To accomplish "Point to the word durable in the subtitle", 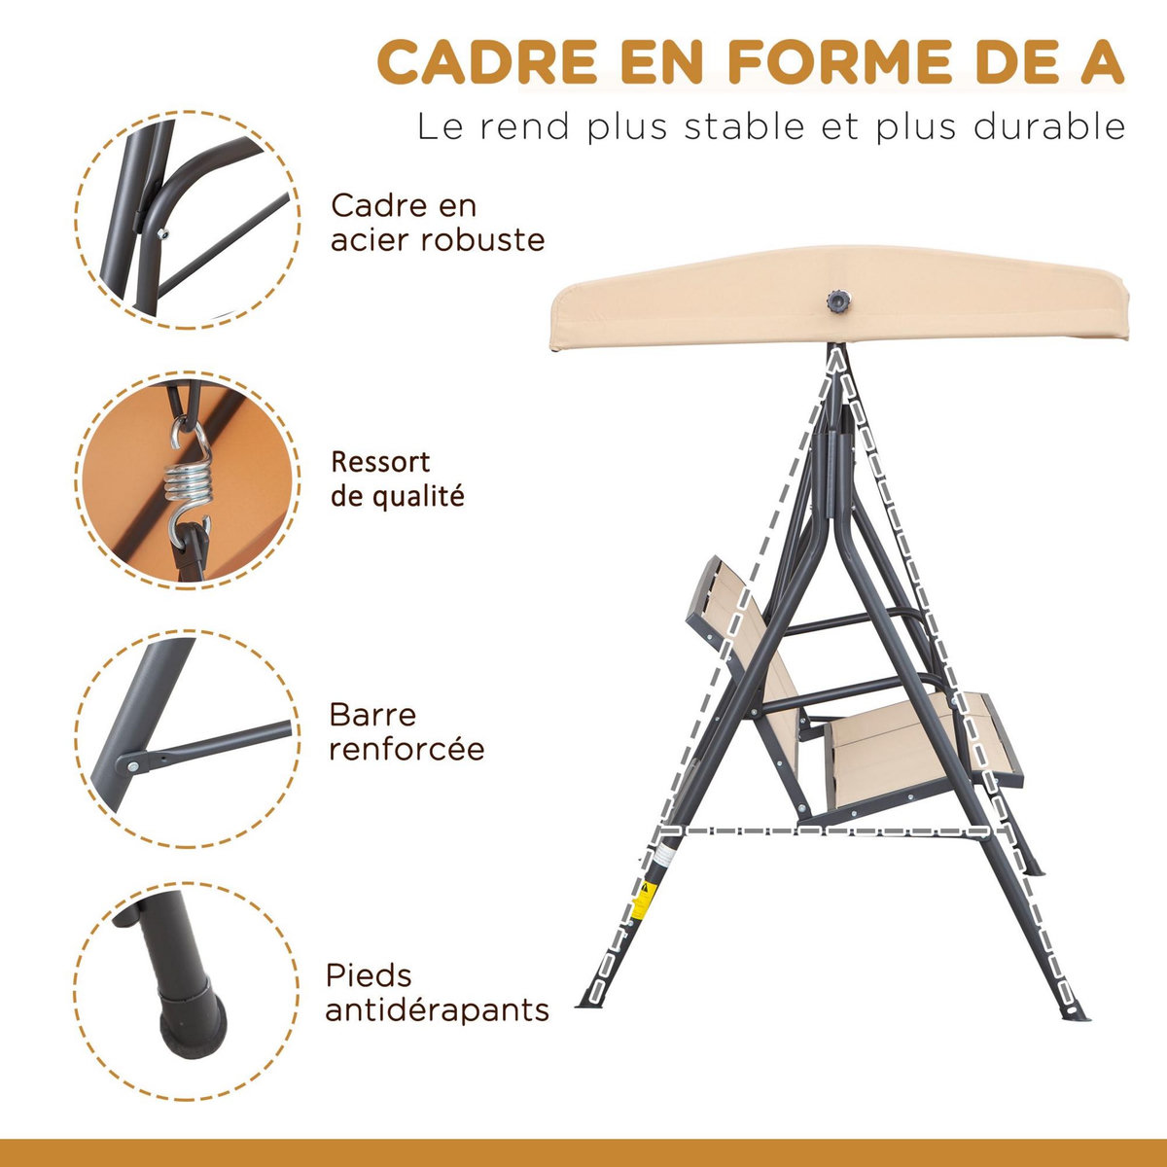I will click(1049, 127).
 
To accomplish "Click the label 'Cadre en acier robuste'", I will click(437, 223).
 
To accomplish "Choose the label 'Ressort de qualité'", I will click(397, 478).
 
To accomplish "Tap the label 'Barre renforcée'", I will click(407, 732).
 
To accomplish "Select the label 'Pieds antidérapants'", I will click(437, 993).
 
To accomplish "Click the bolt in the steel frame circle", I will click(162, 230).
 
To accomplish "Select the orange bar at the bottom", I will click(583, 1152).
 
